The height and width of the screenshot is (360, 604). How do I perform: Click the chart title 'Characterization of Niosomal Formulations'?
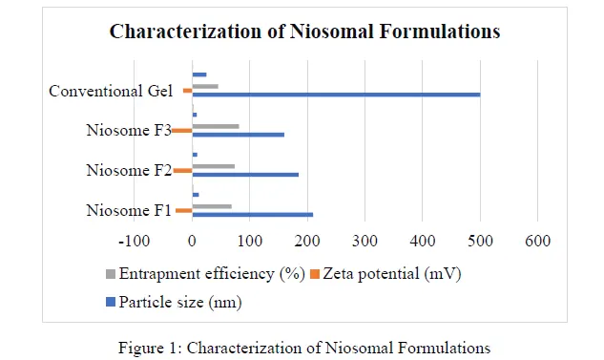304,32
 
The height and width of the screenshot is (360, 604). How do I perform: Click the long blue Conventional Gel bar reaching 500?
335,95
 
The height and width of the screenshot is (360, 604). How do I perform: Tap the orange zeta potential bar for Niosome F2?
182,171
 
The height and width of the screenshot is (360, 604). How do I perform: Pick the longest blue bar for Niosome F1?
252,215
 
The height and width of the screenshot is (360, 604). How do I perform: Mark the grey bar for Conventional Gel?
205,86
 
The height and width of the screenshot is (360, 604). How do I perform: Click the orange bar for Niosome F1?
183,210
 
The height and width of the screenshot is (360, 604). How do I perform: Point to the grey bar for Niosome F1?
212,206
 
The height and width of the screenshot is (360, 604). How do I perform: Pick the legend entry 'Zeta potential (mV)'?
389,275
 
